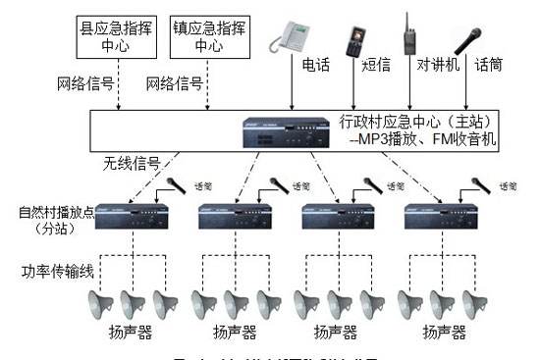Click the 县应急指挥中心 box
point(118,35)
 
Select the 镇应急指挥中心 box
point(208,35)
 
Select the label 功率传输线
point(53,267)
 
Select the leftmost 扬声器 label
point(130,333)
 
